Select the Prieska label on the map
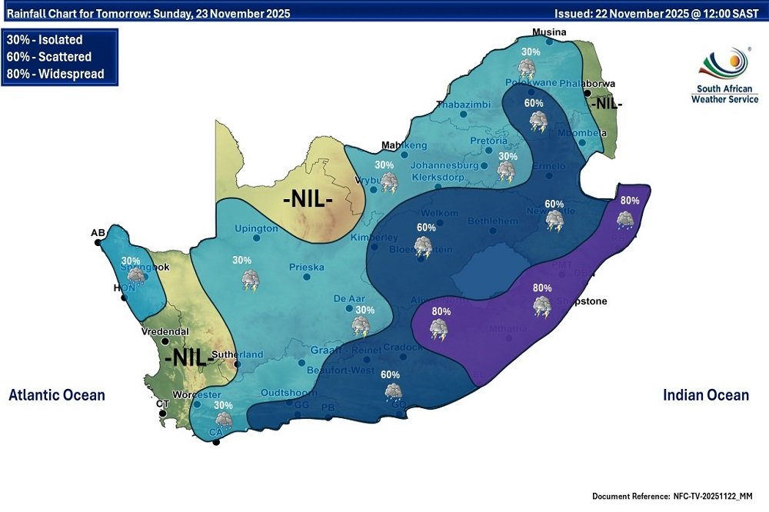tap(306, 268)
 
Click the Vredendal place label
tap(165, 332)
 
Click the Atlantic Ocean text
tap(57, 395)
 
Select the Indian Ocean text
tap(705, 395)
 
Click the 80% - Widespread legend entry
tap(55, 75)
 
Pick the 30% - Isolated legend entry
tap(44, 40)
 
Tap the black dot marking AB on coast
tap(98, 242)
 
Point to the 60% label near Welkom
tap(426, 228)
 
